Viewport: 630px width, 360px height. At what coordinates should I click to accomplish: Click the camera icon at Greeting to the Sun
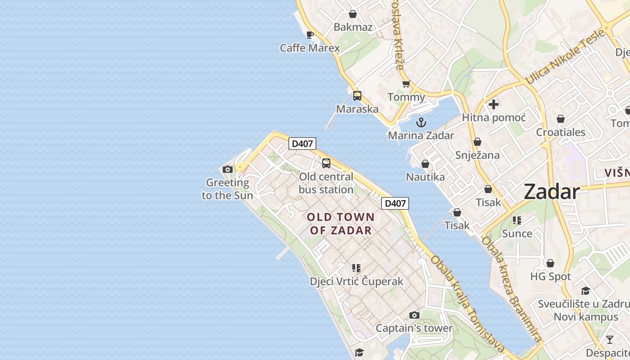(228, 170)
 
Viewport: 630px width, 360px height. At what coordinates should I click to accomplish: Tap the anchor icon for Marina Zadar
(421, 122)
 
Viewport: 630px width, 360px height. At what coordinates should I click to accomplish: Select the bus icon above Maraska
(357, 96)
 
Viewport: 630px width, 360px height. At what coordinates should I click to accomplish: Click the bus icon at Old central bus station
(326, 163)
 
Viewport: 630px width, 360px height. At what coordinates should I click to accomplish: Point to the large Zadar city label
(552, 192)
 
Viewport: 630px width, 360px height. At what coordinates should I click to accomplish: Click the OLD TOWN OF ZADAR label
(341, 224)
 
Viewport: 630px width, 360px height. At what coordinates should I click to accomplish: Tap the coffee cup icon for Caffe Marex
(310, 35)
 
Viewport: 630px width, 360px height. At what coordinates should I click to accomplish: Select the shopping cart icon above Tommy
(406, 84)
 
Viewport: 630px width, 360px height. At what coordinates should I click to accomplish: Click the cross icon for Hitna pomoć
(494, 104)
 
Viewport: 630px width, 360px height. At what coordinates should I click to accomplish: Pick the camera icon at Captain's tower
(414, 315)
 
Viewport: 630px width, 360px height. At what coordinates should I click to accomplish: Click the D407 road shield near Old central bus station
(302, 144)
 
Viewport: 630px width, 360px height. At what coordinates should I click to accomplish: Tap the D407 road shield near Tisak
(395, 203)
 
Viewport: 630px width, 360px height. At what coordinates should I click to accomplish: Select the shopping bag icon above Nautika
(425, 164)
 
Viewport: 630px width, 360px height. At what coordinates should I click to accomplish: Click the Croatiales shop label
(560, 132)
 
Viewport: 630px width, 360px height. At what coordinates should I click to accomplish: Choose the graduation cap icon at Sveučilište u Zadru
(585, 291)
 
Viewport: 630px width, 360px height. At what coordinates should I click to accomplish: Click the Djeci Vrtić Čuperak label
(356, 281)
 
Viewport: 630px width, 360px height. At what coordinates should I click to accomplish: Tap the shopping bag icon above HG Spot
(550, 263)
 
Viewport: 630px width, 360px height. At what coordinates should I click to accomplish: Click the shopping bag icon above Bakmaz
(353, 14)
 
